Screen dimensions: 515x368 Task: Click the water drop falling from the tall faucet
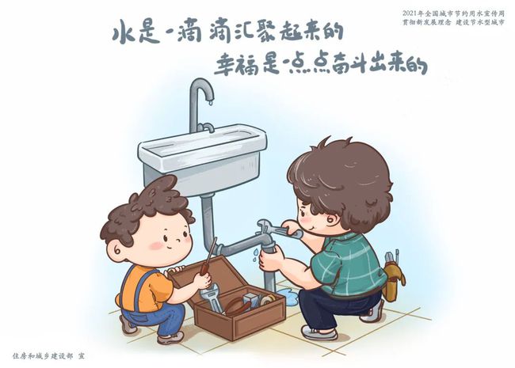pos(211,103)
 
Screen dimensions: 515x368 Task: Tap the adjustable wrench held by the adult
pos(279,229)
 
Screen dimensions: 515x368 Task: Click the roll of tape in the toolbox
pos(268,299)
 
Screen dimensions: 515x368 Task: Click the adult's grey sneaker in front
pos(319,332)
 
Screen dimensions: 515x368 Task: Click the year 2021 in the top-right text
pos(410,13)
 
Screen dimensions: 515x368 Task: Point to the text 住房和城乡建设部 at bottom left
pos(43,356)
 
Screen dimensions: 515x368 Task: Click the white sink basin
pos(202,157)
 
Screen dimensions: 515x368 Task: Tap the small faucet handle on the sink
pos(206,127)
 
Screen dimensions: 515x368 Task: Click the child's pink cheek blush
pos(156,245)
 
